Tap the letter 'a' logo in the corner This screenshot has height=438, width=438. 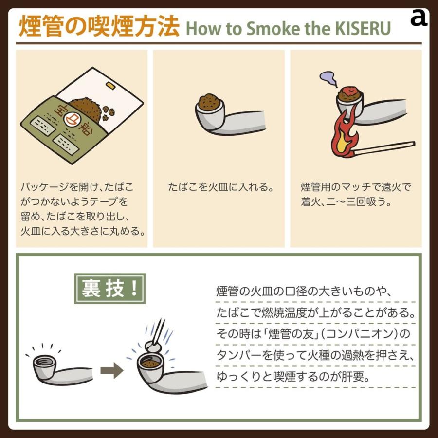coord(419,18)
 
